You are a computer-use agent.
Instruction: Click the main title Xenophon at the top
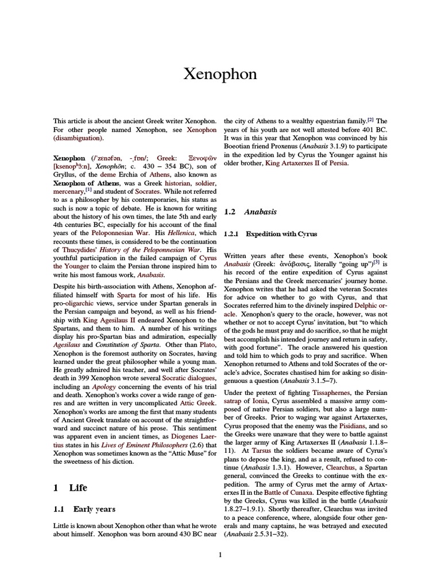pyautogui.click(x=220, y=74)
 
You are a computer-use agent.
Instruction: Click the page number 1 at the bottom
pyautogui.click(x=220, y=554)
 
